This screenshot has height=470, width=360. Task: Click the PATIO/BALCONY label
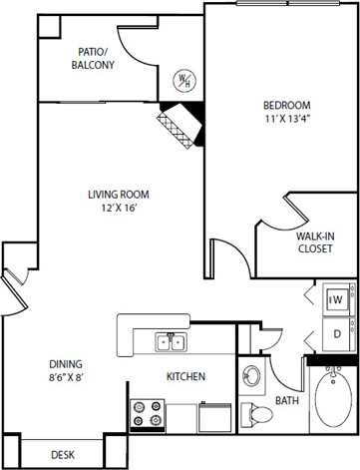[x=94, y=58]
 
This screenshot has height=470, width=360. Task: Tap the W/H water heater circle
[x=183, y=79]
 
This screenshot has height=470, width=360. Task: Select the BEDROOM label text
[x=286, y=106]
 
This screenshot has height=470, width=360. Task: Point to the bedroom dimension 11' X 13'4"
[x=286, y=121]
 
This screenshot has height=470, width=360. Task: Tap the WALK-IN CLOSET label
[x=315, y=242]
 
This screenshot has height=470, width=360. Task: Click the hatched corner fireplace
[x=177, y=124]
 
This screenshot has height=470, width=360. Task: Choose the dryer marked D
[x=337, y=305]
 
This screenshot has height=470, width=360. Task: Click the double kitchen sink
[x=171, y=315]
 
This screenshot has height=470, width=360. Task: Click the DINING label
[x=66, y=336]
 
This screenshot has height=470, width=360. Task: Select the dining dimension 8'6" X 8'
[x=66, y=351]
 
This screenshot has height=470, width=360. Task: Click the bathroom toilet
[x=254, y=411]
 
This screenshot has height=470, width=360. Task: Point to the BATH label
[x=287, y=401]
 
